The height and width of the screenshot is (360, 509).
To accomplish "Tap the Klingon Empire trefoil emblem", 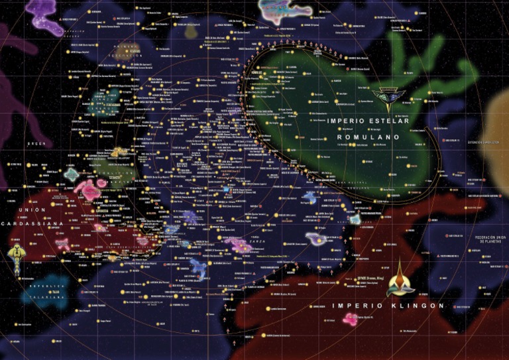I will (x=401, y=278).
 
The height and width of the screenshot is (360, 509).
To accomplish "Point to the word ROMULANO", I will (x=368, y=137).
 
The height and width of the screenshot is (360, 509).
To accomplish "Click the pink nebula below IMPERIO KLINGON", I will (x=351, y=319).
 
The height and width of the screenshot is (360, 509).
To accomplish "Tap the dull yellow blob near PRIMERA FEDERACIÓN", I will (x=192, y=30).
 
